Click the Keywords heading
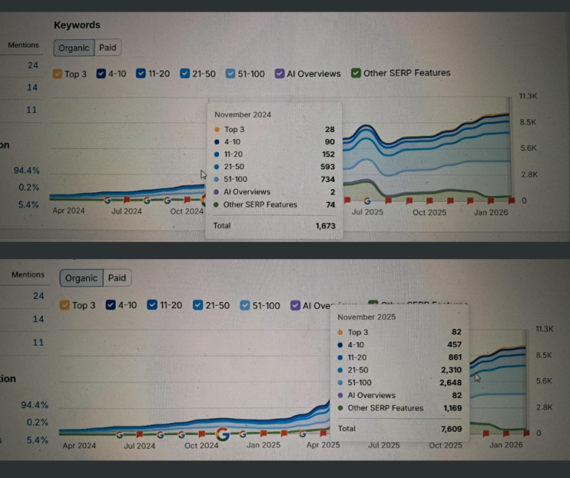77,25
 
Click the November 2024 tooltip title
243,115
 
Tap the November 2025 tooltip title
367,317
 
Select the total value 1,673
325,225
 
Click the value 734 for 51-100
327,180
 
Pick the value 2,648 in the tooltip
448,383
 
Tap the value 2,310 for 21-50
448,370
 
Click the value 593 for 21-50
327,167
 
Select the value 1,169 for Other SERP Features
449,408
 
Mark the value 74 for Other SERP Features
330,205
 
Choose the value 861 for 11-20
452,358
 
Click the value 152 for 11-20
327,154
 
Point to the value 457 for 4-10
452,345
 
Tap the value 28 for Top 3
330,130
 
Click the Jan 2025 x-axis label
262,446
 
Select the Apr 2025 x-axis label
323,446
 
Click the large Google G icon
222,434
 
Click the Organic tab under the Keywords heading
73,48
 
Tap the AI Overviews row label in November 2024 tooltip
247,192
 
